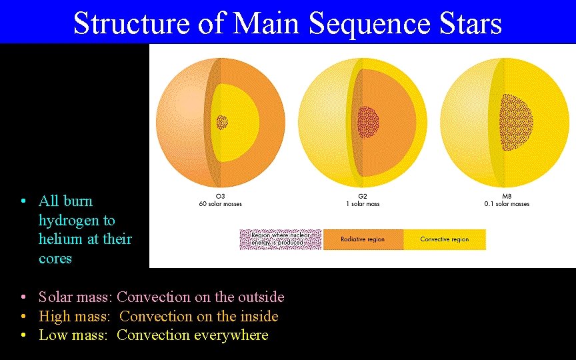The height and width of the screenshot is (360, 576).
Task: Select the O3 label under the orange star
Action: (220, 197)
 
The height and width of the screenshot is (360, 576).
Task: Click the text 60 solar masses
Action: (220, 204)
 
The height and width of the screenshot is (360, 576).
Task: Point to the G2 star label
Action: (363, 197)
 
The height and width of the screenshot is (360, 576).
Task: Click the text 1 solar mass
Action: (363, 204)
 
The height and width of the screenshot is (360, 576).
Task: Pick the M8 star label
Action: (507, 197)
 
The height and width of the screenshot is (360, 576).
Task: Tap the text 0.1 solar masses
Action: (507, 204)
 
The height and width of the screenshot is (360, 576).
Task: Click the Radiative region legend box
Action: (363, 239)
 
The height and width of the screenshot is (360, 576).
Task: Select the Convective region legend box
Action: (445, 239)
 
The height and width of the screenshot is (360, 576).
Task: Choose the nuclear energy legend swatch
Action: (280, 239)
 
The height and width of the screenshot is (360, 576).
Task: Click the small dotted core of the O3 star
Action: (222, 122)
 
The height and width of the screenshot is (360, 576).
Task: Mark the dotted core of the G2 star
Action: (367, 122)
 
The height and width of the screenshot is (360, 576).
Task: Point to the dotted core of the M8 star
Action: (517, 122)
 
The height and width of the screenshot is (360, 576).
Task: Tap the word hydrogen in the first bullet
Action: (77, 220)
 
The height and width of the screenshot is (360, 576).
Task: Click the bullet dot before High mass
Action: (23, 317)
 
